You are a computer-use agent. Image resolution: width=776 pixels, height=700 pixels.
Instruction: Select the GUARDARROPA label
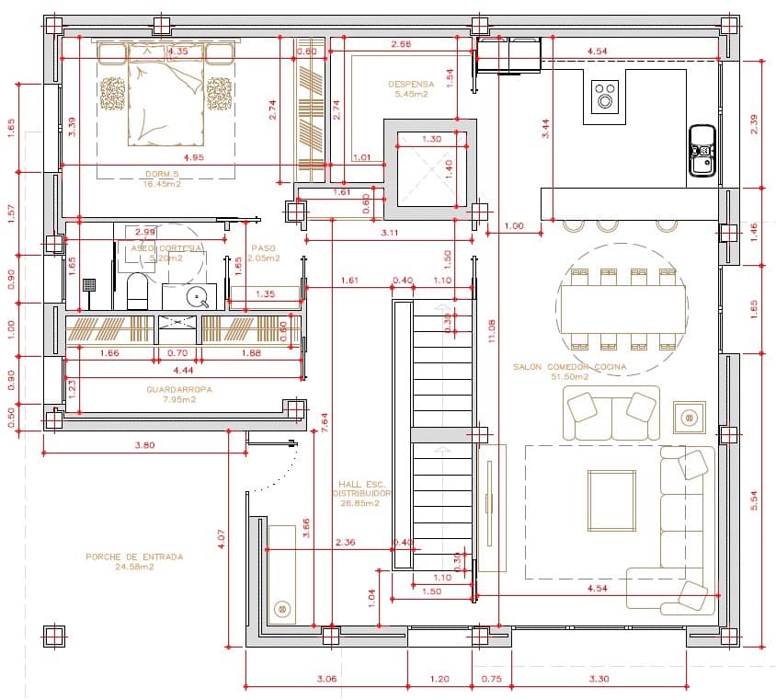178,389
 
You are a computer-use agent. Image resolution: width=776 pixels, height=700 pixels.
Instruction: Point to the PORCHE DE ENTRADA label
133,557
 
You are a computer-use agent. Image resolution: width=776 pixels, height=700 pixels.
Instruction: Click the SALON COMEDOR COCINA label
569,367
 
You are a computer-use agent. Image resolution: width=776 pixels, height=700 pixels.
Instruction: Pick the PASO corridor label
263,248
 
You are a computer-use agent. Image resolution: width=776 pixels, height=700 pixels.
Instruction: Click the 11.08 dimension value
493,331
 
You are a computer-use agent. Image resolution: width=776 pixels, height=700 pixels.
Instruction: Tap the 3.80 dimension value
145,445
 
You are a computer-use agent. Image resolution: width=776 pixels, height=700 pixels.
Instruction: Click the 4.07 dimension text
221,538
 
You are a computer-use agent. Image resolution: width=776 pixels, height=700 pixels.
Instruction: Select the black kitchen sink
702,150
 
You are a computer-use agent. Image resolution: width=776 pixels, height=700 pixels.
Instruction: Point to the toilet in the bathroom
136,293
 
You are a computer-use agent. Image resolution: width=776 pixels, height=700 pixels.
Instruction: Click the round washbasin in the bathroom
196,296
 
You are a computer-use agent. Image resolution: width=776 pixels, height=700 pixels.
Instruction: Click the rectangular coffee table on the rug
611,500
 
